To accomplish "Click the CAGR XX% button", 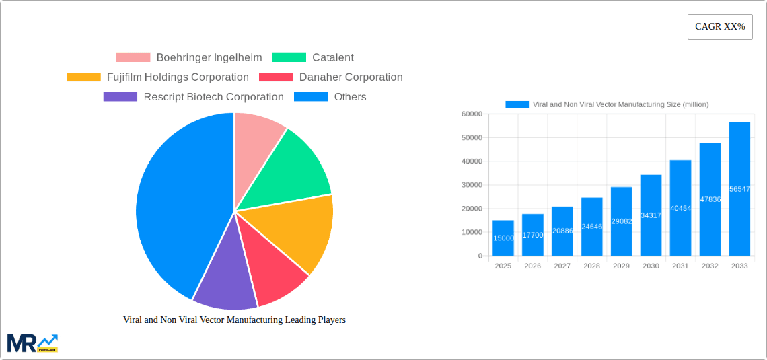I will (720, 27).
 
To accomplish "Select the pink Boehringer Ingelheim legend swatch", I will (133, 58).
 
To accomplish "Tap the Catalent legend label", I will (332, 58).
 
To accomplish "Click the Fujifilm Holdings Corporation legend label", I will (178, 77).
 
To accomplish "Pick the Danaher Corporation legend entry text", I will (351, 77).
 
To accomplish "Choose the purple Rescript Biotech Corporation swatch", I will (120, 97).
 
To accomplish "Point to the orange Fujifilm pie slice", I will (296, 232).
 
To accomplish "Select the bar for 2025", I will (503, 238).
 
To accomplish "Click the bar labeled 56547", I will (739, 189).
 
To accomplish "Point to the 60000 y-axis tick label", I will (471, 114).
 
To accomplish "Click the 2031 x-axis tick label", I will (680, 266).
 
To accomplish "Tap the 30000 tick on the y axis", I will (471, 185).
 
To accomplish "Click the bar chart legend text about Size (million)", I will (620, 104).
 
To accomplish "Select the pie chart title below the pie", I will (234, 320).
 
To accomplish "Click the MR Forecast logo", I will (32, 343).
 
